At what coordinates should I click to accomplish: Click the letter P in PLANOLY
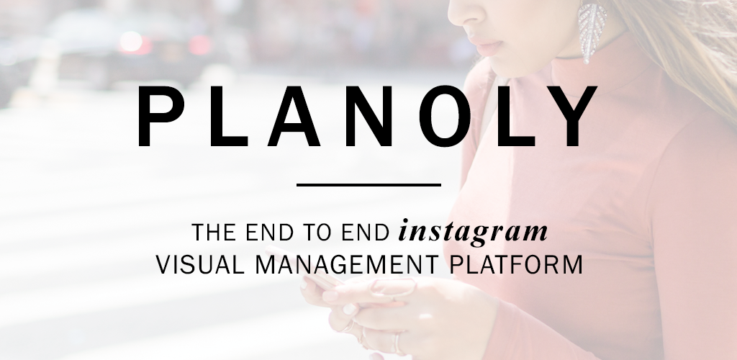[x=160, y=116]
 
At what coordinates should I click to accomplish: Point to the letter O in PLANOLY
[x=445, y=116]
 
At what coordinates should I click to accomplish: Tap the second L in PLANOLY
[x=516, y=116]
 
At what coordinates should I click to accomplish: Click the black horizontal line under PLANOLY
[x=368, y=185]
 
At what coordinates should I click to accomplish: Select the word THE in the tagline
[x=214, y=232]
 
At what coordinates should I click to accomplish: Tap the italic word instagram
[x=473, y=232]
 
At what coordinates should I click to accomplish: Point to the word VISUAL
[x=200, y=264]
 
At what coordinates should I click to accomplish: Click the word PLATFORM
[x=516, y=264]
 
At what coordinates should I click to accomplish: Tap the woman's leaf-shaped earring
[x=592, y=31]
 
